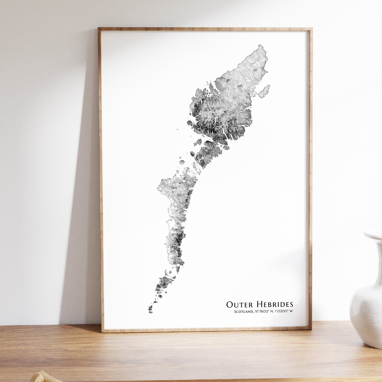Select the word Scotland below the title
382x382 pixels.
click(243, 311)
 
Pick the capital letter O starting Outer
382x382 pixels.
click(229, 304)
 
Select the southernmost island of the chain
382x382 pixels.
click(150, 308)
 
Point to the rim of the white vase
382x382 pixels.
click(373, 234)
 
